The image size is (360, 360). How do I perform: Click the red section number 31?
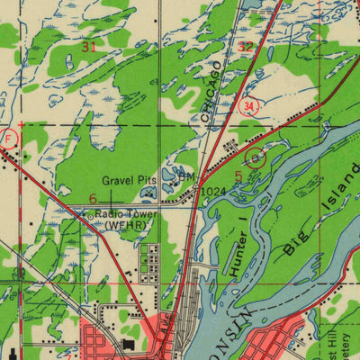[88, 47]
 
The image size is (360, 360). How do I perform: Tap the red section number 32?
[246, 47]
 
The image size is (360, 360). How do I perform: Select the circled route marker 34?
[248, 107]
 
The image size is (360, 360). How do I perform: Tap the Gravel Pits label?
[129, 180]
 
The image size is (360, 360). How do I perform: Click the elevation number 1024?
[213, 191]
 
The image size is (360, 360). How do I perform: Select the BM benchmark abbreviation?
[184, 178]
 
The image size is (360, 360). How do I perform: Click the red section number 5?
[238, 176]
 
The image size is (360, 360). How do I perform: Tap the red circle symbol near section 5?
[256, 157]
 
